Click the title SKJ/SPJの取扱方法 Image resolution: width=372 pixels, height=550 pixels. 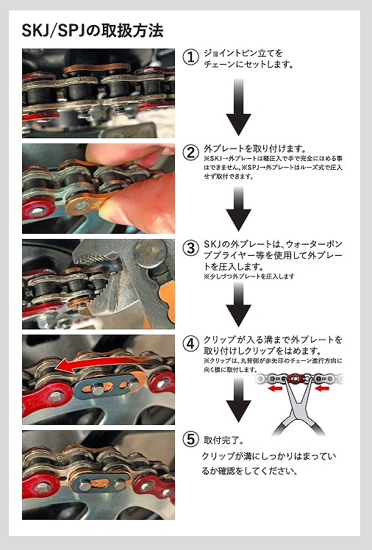[x=93, y=31]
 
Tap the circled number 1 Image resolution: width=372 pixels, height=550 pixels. [x=190, y=57]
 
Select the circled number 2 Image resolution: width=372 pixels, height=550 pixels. [x=190, y=153]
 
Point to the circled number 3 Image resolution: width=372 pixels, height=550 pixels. [x=190, y=249]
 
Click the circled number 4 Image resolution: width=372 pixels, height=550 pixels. [x=190, y=344]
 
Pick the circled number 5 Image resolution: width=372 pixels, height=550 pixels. [x=190, y=439]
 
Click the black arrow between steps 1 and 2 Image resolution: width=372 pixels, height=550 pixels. [x=238, y=107]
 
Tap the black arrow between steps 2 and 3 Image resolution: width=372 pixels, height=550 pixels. [x=238, y=209]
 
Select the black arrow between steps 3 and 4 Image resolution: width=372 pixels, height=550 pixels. [x=238, y=304]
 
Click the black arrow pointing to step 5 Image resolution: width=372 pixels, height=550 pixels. [x=238, y=400]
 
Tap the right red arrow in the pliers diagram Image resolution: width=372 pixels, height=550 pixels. [x=322, y=388]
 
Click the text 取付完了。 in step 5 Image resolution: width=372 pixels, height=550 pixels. [x=223, y=440]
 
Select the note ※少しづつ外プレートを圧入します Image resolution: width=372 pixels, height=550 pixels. [x=249, y=276]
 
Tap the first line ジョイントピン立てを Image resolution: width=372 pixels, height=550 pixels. [x=243, y=54]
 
